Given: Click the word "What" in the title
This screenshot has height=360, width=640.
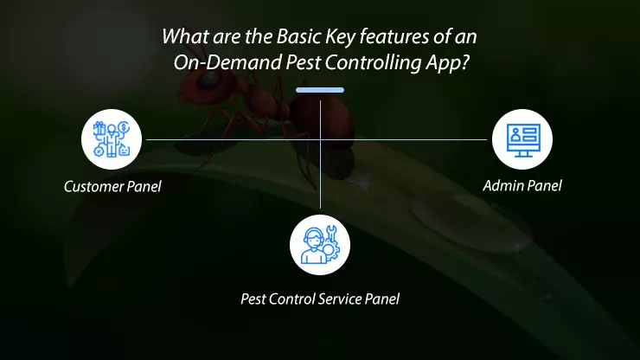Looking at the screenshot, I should click(180, 39).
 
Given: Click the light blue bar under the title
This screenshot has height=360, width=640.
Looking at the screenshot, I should click(319, 89).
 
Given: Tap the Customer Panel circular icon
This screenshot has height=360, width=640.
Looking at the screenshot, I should click(112, 138).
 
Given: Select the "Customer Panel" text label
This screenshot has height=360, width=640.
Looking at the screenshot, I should click(112, 186).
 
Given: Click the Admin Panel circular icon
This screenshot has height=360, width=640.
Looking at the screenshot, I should click(522, 138).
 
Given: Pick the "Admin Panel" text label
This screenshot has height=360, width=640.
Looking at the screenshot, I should click(522, 186).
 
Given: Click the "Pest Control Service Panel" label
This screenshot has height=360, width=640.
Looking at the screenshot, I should click(320, 299).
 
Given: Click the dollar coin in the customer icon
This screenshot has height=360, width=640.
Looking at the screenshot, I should click(125, 126).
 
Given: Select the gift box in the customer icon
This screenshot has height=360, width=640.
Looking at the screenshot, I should click(99, 129).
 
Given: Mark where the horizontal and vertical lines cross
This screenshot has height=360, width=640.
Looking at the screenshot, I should click(320, 138).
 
